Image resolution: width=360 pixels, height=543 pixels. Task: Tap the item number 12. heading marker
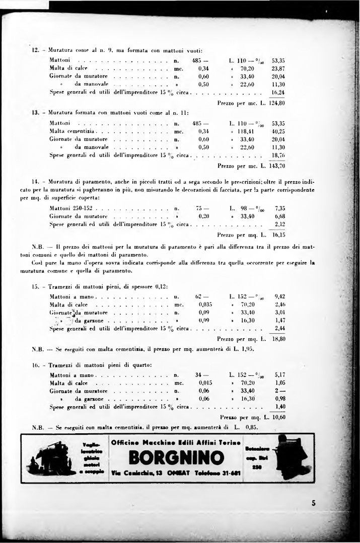[35, 50]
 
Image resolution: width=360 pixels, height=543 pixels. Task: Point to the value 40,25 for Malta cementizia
[278, 131]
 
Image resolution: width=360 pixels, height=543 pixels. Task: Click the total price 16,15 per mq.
[278, 234]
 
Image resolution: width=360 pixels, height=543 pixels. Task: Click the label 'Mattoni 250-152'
[71, 207]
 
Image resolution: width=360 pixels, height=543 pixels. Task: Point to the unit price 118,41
[247, 131]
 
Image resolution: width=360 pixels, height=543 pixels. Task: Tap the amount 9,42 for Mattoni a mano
[280, 296]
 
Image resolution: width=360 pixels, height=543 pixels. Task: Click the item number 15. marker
[35, 286]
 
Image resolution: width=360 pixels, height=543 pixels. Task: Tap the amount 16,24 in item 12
[278, 93]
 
